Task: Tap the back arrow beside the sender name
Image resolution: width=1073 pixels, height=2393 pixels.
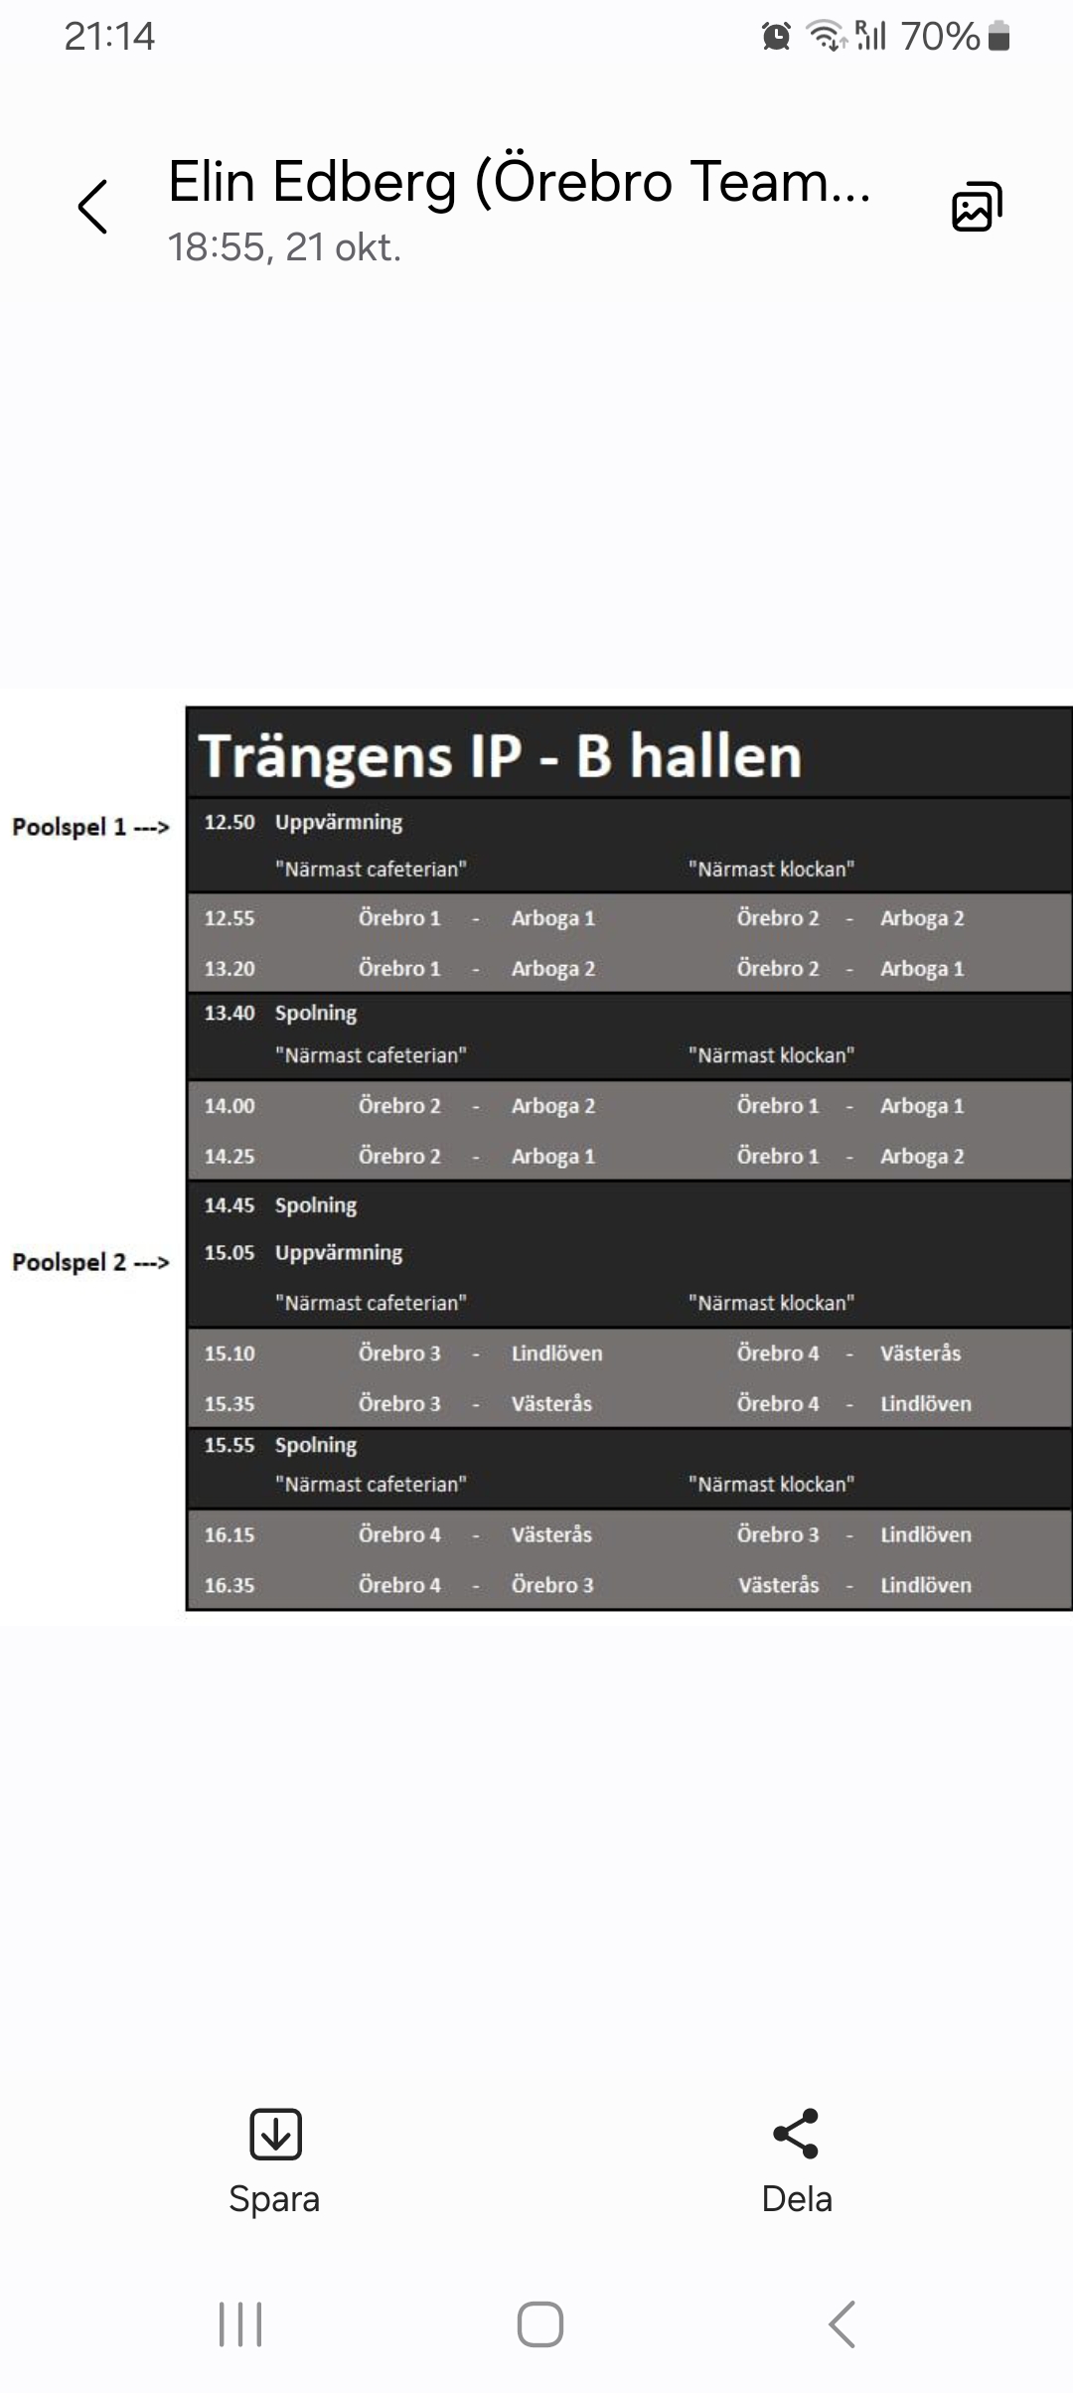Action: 92,207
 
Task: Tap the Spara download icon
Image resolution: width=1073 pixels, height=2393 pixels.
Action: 275,2134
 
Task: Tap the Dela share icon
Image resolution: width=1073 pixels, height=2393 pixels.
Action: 796,2134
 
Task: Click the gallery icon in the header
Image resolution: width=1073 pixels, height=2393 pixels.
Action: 977,207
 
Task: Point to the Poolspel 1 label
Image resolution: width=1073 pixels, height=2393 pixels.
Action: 90,827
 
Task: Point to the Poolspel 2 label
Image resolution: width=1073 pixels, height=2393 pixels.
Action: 90,1262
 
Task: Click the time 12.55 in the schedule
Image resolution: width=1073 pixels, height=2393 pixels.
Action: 230,918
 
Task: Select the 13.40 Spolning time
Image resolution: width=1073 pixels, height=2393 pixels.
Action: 230,1013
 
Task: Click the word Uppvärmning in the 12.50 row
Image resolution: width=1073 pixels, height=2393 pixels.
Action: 339,823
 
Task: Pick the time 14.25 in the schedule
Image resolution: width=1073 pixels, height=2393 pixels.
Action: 230,1157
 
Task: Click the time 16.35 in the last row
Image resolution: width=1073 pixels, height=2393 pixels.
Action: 230,1585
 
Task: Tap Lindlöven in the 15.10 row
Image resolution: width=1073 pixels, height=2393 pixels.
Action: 556,1354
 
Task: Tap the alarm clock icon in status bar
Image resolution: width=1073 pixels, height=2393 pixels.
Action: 776,37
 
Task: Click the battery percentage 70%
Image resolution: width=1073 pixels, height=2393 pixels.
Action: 940,37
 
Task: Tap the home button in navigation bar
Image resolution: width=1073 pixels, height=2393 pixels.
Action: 540,2324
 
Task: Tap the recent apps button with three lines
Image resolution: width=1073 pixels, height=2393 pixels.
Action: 240,2324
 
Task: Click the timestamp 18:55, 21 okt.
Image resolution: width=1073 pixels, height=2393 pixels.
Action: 284,247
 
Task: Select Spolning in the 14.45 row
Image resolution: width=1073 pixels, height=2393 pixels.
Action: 316,1205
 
